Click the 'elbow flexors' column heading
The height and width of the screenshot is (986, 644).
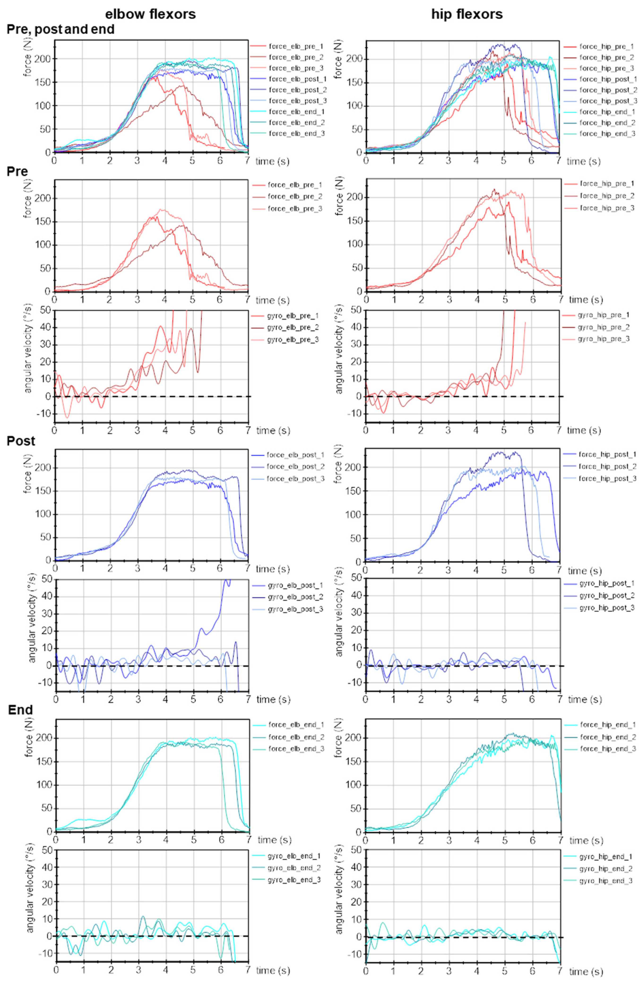[x=150, y=14]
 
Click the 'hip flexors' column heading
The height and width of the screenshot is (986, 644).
[x=467, y=14]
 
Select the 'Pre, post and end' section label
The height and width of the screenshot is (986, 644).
[x=61, y=29]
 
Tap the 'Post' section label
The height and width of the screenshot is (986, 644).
[x=21, y=441]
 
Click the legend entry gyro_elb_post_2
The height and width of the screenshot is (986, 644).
[x=295, y=597]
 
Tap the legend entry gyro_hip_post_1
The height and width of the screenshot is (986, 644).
[x=607, y=583]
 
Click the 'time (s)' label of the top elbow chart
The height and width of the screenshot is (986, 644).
[x=272, y=161]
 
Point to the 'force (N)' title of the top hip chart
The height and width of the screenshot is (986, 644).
[x=338, y=59]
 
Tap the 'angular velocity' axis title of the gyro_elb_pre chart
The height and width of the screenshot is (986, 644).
[x=28, y=359]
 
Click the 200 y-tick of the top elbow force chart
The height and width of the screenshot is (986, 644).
[x=44, y=59]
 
